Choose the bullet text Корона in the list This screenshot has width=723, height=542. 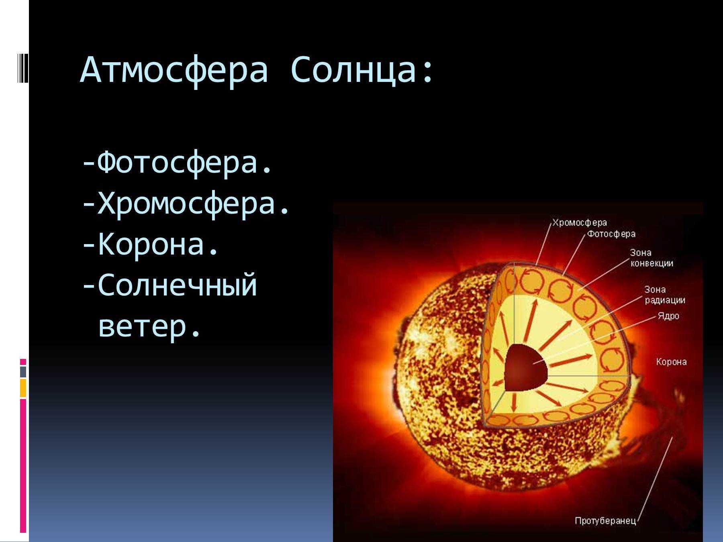(x=151, y=245)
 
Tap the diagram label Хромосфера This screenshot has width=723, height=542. (x=580, y=223)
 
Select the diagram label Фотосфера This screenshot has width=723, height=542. (x=611, y=234)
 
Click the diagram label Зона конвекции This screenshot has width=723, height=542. (x=652, y=258)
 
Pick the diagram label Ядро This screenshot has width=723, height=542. (x=668, y=316)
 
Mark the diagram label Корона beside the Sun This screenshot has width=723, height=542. (x=671, y=362)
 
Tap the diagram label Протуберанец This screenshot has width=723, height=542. (x=605, y=521)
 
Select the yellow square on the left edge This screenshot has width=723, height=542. (x=23, y=388)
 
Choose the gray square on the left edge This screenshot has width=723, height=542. (x=23, y=372)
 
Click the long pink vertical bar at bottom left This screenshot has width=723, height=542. (x=23, y=466)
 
